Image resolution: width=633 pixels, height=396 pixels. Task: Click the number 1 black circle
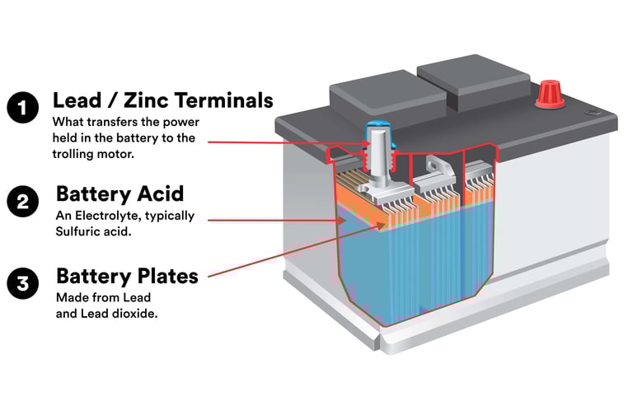[22, 107]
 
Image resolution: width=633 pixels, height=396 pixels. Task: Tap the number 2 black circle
[22, 201]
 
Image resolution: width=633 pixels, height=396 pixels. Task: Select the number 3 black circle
[22, 283]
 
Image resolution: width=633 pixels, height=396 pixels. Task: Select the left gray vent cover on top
[388, 96]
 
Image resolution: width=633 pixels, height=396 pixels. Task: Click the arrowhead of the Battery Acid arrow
[342, 221]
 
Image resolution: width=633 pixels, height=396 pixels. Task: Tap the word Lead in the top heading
[77, 100]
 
